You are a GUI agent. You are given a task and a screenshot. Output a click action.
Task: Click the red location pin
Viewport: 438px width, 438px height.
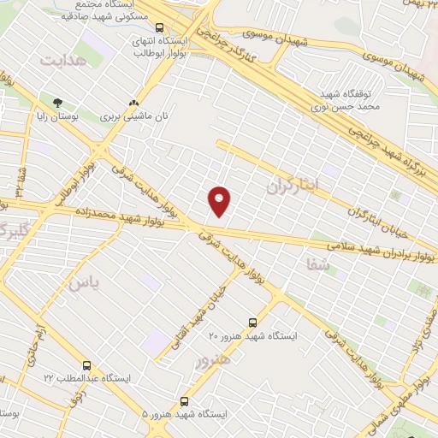coord(220,200)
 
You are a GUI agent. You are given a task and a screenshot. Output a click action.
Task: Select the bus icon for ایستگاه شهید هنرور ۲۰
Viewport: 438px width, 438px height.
coord(252,323)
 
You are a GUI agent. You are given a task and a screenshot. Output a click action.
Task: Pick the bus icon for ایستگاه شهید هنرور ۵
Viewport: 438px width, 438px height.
coord(184,400)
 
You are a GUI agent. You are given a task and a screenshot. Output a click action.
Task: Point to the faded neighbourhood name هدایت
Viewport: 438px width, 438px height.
coord(63,61)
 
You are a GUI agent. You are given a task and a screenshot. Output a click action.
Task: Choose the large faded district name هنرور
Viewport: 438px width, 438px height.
coord(213,360)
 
